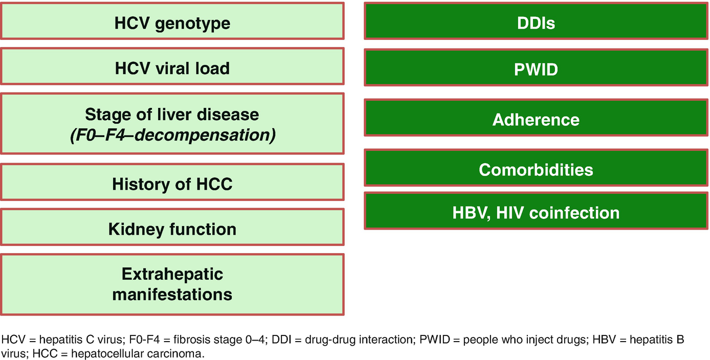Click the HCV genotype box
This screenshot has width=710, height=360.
(172, 21)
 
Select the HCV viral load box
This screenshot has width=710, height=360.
(172, 66)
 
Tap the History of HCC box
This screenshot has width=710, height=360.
(172, 182)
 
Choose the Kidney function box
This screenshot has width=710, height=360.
(172, 227)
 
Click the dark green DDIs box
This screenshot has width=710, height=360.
(536, 21)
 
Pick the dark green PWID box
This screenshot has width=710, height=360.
(536, 67)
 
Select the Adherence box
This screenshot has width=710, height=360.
(536, 118)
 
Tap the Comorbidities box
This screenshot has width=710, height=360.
(536, 168)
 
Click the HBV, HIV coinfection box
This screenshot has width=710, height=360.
(536, 211)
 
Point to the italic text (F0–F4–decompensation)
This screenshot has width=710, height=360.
(173, 136)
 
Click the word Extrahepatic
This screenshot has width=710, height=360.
(172, 274)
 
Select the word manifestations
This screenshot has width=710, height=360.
(172, 295)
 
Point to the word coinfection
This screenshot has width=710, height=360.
(574, 213)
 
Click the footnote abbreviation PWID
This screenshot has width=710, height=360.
(435, 340)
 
